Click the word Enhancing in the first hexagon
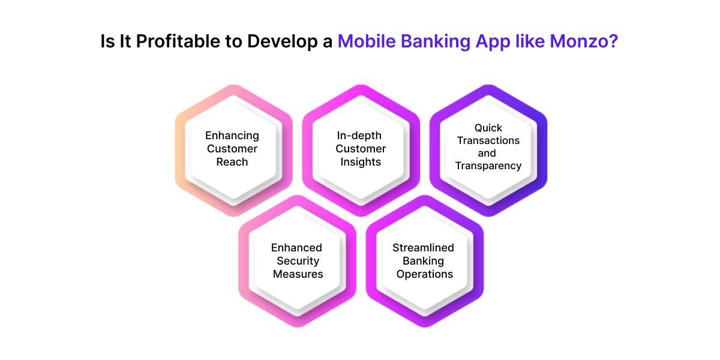click(232, 136)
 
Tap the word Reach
click(232, 162)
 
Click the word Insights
click(361, 162)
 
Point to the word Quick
click(488, 127)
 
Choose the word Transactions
click(488, 140)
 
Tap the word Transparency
click(488, 166)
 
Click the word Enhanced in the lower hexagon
click(296, 248)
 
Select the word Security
click(298, 261)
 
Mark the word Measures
click(298, 274)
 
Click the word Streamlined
click(423, 248)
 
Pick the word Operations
click(424, 274)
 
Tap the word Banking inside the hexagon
click(423, 261)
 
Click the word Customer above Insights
click(361, 149)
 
